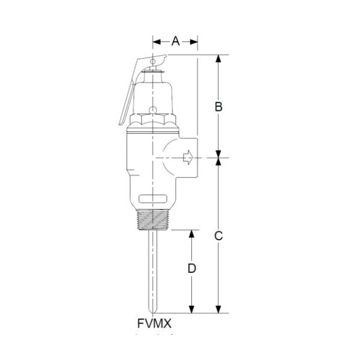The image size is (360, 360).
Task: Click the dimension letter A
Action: click(176, 41)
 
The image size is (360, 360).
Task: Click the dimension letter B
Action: click(219, 107)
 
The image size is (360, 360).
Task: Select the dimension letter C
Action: click(219, 236)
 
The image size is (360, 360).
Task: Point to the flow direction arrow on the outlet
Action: click(187, 159)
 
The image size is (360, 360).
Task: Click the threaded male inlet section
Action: click(154, 220)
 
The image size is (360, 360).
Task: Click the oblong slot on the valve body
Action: click(152, 199)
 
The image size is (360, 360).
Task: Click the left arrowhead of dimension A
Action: click(155, 41)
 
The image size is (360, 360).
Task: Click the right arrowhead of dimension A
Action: click(195, 41)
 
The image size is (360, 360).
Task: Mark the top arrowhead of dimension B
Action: click(219, 58)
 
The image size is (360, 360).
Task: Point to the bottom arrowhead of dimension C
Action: click(219, 310)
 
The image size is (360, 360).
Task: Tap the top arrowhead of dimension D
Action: click(191, 233)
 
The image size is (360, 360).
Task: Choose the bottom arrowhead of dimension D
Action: click(191, 310)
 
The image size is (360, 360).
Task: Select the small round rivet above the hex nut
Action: click(154, 110)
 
